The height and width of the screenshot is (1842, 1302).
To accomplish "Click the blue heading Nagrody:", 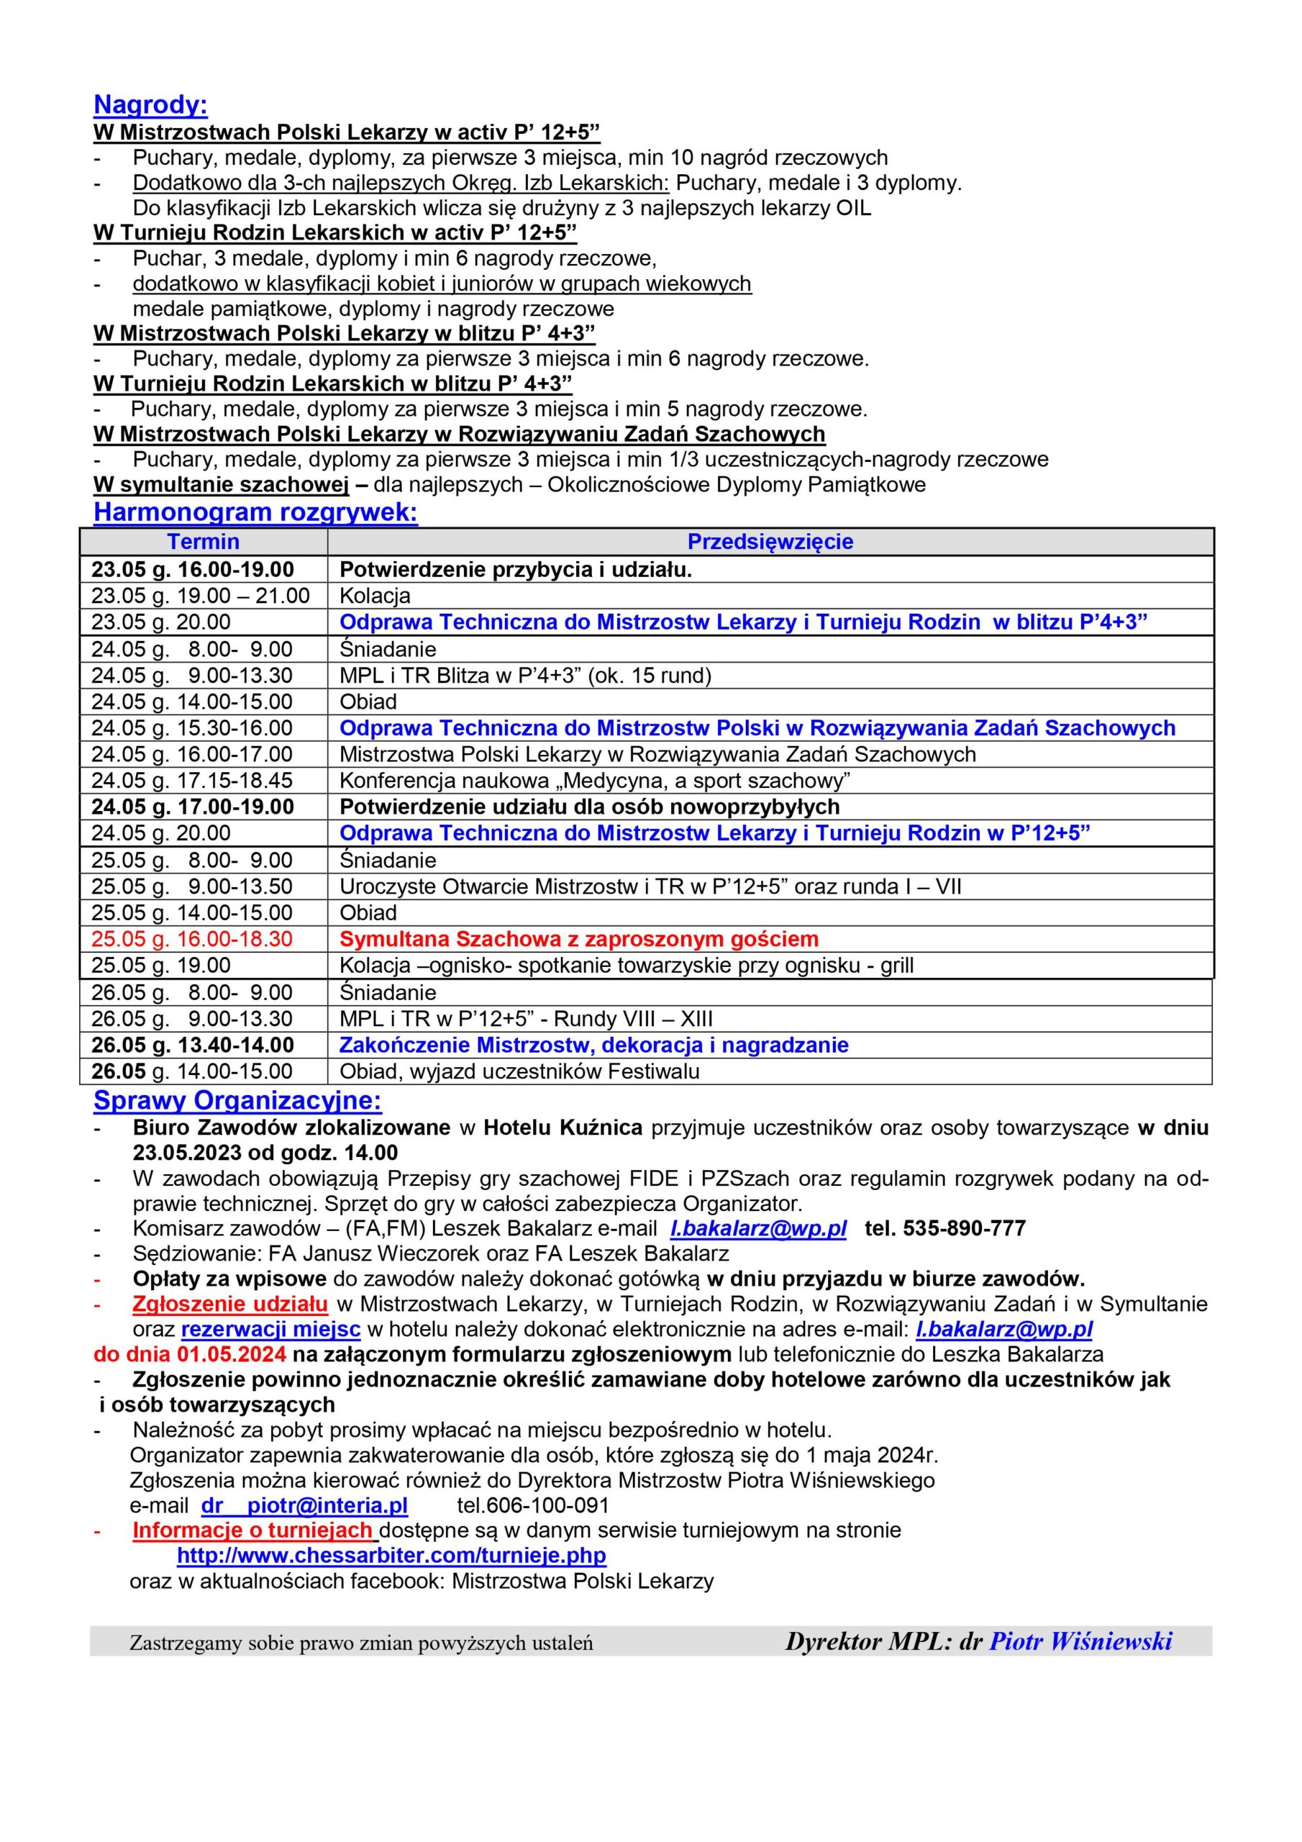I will [x=151, y=105].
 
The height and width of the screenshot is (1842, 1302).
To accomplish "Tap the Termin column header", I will [x=203, y=542].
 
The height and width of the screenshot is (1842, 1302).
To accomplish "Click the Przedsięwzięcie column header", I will [x=770, y=542].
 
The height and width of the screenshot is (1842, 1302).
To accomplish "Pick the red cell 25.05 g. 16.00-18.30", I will [x=192, y=939].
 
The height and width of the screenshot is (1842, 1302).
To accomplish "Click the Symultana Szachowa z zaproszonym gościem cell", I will [x=578, y=939].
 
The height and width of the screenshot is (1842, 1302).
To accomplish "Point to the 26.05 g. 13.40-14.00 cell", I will [x=193, y=1045].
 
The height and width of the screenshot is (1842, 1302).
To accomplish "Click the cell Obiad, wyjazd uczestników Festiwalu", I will [x=519, y=1071].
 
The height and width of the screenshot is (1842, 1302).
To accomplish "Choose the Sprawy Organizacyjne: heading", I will [x=237, y=1101].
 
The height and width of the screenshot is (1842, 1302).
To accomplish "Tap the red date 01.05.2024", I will [x=231, y=1354].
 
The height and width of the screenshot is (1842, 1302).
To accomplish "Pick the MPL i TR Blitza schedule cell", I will [x=525, y=675].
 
